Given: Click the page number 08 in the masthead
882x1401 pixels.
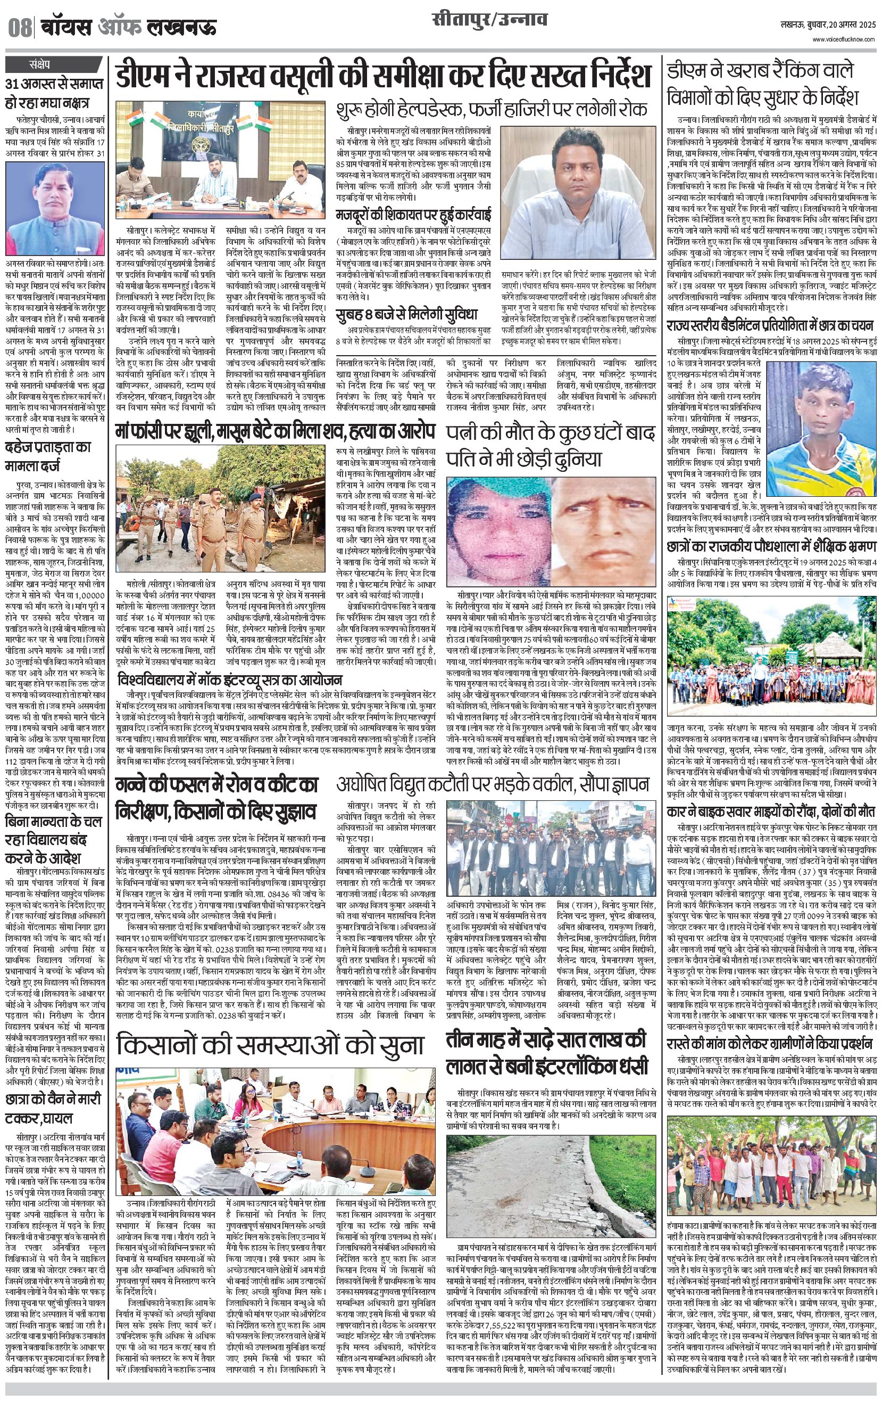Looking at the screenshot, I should (x=20, y=28).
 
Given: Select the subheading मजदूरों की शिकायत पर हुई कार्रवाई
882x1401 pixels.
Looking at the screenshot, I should (x=413, y=215).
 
